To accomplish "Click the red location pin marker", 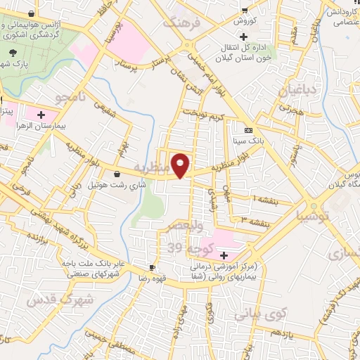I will click(181, 165).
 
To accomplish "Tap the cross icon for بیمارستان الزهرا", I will click(41, 113).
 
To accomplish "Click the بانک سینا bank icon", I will click(248, 131).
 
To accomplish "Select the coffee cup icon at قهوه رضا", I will click(152, 268).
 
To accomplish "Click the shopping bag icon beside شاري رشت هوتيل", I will click(116, 174).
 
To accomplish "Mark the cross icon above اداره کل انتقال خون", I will click(243, 37).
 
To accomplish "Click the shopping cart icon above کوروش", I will click(244, 9).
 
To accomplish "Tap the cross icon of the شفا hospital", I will click(224, 255).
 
